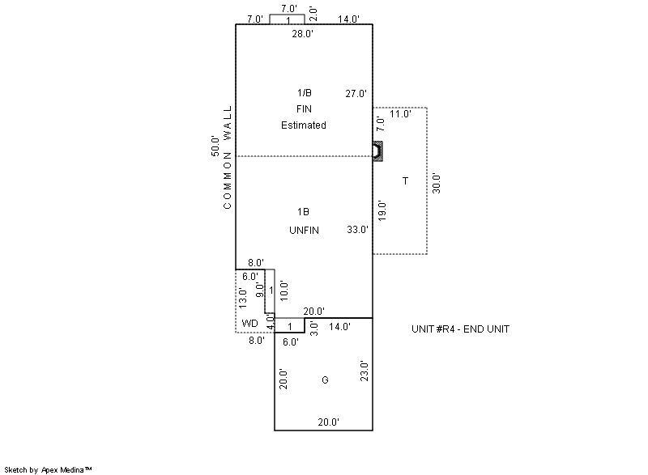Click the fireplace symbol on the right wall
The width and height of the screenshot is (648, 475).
[x=377, y=151]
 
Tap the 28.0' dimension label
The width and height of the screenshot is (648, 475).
[x=302, y=34]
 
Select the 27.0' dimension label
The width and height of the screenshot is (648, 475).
[x=356, y=93]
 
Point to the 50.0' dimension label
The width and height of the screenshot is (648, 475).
[x=215, y=146]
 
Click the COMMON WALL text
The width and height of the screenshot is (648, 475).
[x=228, y=157]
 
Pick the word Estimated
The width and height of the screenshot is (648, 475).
[x=304, y=125]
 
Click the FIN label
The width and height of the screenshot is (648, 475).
[x=304, y=109]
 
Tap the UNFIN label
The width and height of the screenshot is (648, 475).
[x=304, y=231]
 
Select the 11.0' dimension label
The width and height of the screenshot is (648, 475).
[x=400, y=114]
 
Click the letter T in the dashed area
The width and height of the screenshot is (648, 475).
[x=405, y=180]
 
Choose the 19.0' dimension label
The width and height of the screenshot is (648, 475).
[x=382, y=210]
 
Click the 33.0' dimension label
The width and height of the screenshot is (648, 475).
[x=357, y=230]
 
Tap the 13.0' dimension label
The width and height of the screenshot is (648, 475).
[x=242, y=297]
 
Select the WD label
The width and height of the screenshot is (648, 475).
[x=250, y=324]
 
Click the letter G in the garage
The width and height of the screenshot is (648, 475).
[x=325, y=380]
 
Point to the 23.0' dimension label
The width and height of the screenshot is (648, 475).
[x=364, y=371]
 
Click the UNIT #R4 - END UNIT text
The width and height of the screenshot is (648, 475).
[x=460, y=329]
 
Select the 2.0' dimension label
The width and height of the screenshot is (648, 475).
[x=313, y=14]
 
